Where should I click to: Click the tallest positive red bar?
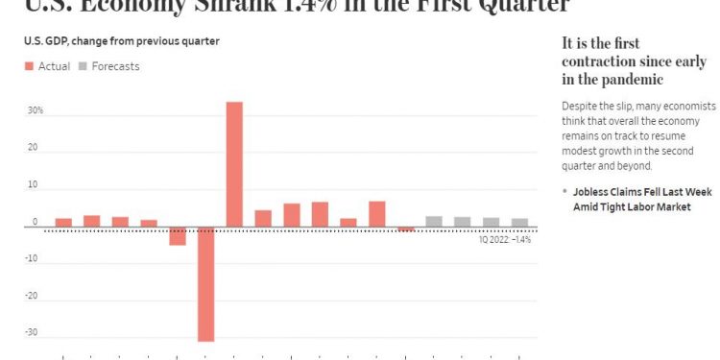234,163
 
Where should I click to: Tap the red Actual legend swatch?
29,66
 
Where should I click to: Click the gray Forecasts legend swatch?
84,66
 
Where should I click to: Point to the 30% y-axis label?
35,110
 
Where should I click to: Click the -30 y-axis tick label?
32,333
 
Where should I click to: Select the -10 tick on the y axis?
32,258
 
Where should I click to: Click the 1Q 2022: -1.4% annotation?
505,239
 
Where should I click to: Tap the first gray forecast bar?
434,222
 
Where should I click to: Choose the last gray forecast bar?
519,223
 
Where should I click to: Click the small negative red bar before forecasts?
406,229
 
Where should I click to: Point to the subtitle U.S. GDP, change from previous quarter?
121,40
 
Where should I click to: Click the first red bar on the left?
63,223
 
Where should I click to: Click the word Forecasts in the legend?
115,66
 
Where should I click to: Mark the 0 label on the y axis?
35,222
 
